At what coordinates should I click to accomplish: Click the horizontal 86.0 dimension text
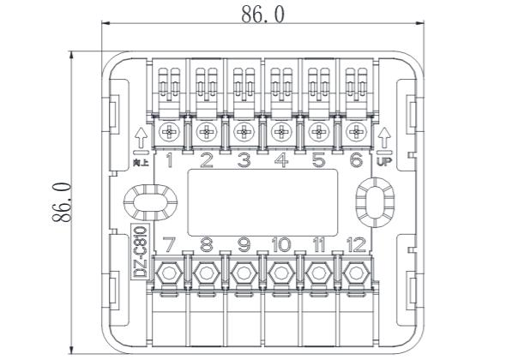262,15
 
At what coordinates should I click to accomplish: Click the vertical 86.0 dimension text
62,202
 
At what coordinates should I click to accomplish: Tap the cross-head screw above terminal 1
170,132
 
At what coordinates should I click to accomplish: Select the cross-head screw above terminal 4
281,132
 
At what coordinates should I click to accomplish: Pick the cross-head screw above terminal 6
356,132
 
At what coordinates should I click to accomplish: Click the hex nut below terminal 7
169,273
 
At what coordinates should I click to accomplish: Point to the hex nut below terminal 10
281,273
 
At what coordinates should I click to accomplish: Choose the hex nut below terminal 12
356,273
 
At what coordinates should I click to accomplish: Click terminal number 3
244,160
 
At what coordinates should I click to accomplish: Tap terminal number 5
318,160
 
